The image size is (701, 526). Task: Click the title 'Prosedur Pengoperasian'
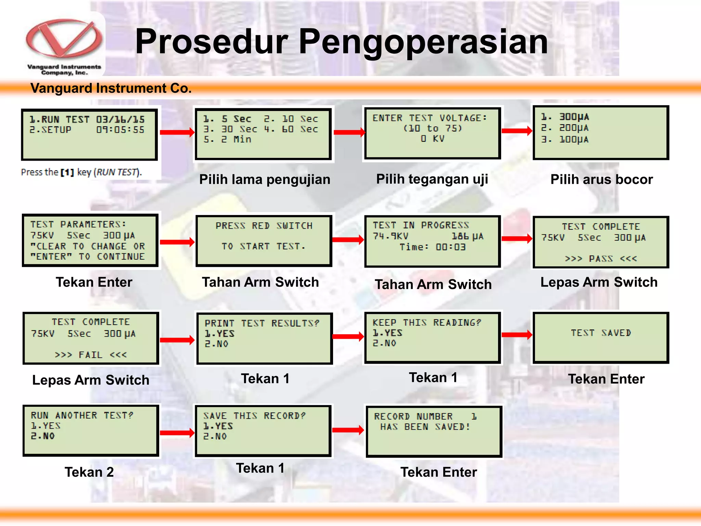(341, 41)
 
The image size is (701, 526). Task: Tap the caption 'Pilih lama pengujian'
(265, 179)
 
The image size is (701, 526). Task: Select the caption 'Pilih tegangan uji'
(432, 179)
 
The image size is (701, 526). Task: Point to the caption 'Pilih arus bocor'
(601, 179)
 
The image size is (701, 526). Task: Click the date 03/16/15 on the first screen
(120, 120)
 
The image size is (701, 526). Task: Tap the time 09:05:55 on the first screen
(120, 130)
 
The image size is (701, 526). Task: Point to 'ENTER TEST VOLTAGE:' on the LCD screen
(430, 118)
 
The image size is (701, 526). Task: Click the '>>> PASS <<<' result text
(601, 259)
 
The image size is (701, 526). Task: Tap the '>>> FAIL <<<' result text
(91, 355)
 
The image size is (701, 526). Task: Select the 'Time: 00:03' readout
(433, 247)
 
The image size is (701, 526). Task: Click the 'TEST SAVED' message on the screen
(601, 333)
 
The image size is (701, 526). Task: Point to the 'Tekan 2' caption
(89, 472)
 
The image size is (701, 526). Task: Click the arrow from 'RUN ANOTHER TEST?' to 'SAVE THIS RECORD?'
(177, 433)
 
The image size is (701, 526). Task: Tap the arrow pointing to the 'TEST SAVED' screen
(517, 335)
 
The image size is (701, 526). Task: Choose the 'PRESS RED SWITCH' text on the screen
(264, 226)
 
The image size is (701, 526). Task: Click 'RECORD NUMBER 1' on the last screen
(425, 416)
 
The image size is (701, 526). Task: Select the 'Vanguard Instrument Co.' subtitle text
(111, 88)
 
